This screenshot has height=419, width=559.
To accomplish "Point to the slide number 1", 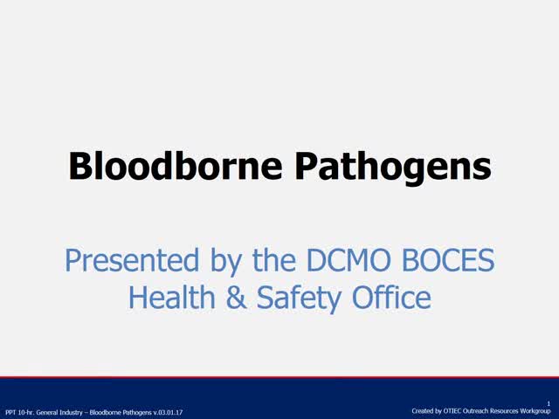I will pyautogui.click(x=549, y=403).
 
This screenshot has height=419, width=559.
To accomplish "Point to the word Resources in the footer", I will pyautogui.click(x=506, y=410).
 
